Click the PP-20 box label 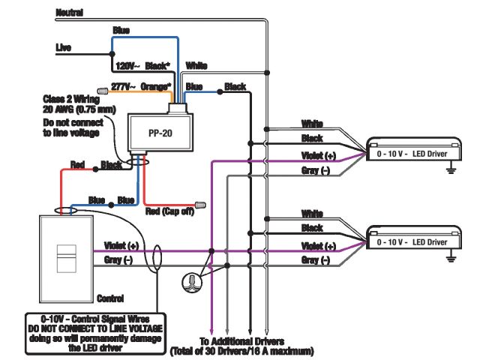click(160, 133)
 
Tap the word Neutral click(70, 13)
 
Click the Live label click(63, 47)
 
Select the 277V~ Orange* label click(141, 87)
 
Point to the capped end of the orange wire click(103, 91)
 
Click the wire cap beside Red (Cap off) click(200, 205)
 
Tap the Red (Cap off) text click(169, 211)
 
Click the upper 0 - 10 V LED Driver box click(413, 148)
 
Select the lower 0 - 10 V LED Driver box click(413, 238)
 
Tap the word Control click(110, 298)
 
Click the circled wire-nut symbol click(192, 282)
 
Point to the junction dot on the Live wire click(112, 54)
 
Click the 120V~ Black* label click(143, 66)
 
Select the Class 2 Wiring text click(71, 99)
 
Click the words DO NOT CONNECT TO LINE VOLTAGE click(95, 328)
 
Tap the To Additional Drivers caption click(241, 341)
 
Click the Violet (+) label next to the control click(121, 245)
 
